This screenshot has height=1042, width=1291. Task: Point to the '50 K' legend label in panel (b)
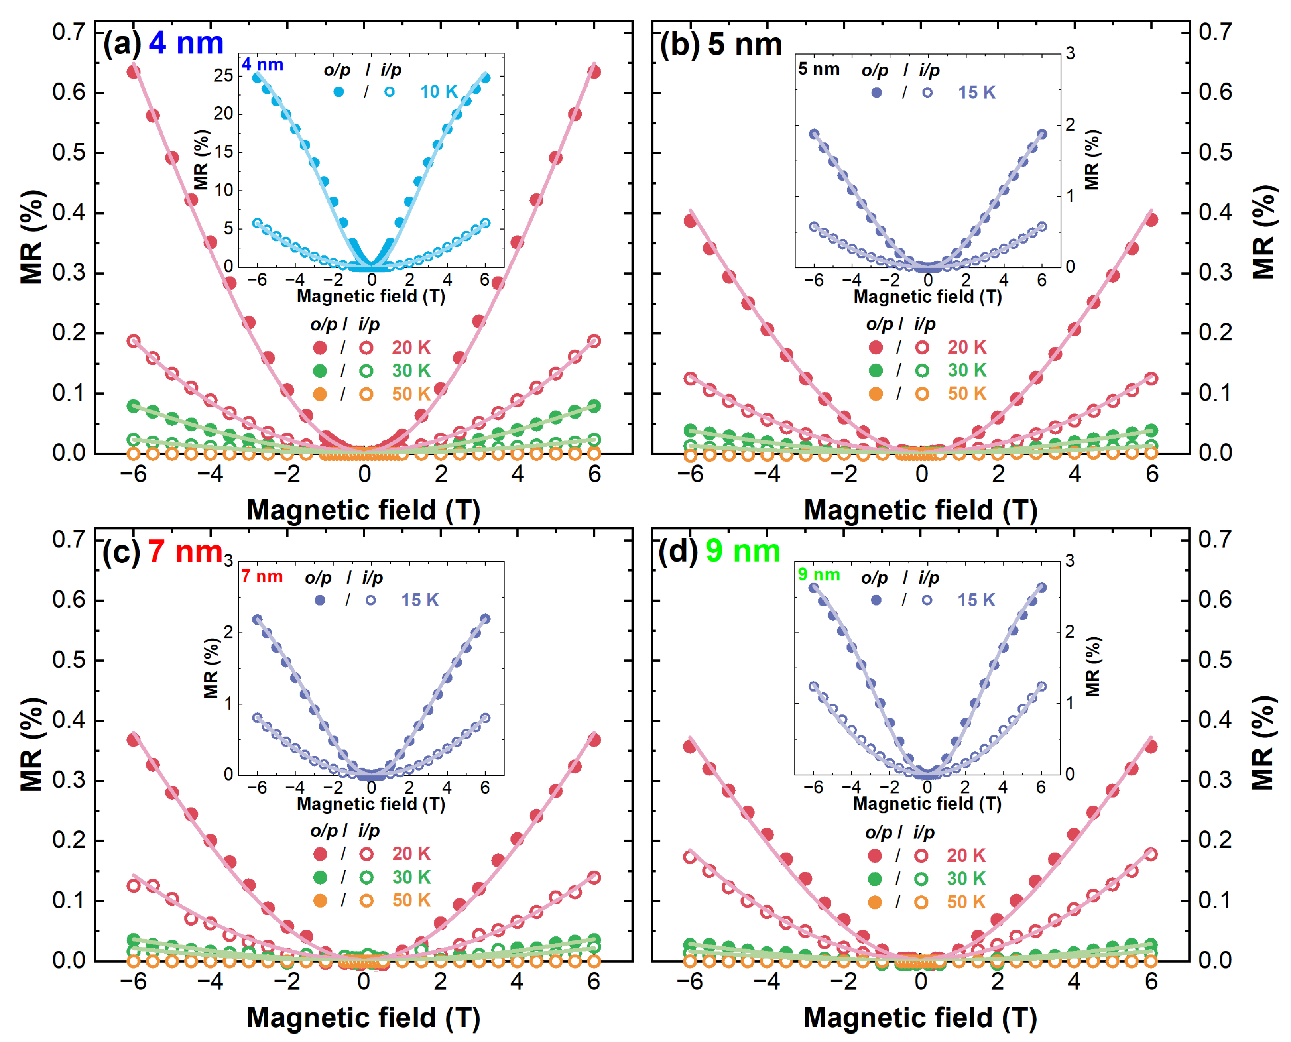966,394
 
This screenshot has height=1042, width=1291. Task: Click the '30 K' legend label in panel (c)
411,877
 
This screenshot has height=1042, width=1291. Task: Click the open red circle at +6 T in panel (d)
1151,854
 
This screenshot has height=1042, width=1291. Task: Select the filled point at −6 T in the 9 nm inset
813,588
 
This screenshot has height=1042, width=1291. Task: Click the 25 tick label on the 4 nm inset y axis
223,76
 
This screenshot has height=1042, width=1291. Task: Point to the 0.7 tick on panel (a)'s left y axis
69,32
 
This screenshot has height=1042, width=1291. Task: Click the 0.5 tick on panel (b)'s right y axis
1215,152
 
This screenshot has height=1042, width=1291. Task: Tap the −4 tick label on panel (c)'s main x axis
210,981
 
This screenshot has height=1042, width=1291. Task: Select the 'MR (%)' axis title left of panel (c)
31,744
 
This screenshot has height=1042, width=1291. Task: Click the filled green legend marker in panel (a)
320,371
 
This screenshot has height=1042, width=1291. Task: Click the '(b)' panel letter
679,45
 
